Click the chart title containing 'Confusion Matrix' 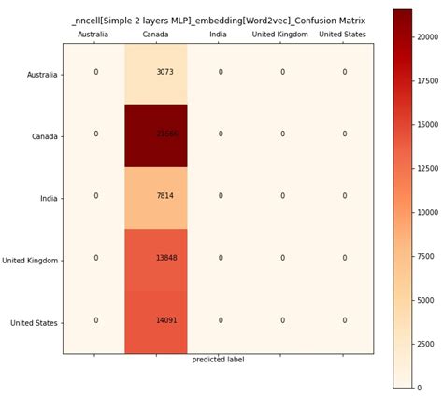[218, 20]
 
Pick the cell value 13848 [167, 259]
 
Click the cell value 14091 [167, 320]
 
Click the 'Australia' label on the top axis [93, 35]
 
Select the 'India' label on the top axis [218, 35]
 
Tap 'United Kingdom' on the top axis [280, 35]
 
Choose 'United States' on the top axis [343, 35]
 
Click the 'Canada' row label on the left [44, 136]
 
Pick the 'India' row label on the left [48, 198]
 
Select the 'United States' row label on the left [34, 323]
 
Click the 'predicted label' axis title [218, 360]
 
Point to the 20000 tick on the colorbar [427, 37]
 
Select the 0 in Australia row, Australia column [95, 72]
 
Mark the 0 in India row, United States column [344, 196]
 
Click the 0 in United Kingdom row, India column [221, 259]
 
